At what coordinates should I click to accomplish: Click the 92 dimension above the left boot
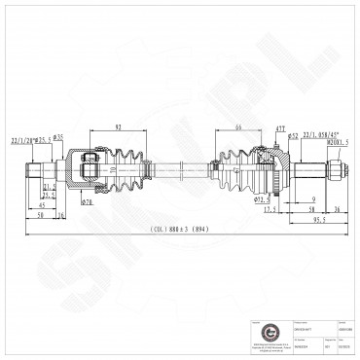[118, 126]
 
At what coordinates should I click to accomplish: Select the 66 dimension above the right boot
[236, 126]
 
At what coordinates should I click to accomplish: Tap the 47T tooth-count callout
[279, 128]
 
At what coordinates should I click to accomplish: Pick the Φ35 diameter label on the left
[59, 137]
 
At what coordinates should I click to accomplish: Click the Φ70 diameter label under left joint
[87, 201]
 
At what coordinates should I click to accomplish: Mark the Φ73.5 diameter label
[261, 199]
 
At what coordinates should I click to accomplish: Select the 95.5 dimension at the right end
[317, 222]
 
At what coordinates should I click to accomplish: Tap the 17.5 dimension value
[270, 209]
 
